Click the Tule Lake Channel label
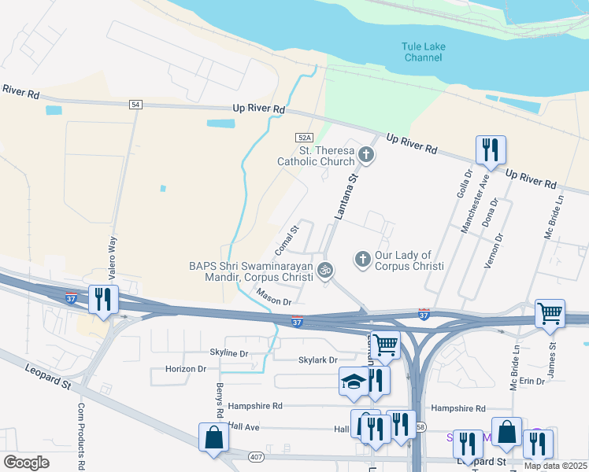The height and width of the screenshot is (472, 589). point(424,52)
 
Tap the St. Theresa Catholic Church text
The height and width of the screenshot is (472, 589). point(316,156)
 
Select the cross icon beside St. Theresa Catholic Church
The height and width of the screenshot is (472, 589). point(365,155)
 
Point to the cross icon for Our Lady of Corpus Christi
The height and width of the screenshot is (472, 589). point(362,258)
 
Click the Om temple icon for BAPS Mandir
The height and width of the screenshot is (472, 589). point(325,271)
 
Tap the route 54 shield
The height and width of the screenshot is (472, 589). point(136,105)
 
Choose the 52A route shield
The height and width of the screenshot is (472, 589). point(305,136)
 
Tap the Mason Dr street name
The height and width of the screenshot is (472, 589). point(273,297)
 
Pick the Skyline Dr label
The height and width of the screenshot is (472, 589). point(229,353)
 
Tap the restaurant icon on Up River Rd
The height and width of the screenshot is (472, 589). point(491,149)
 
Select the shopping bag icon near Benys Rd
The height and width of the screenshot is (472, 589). point(214,437)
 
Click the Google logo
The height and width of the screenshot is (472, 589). point(26,462)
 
